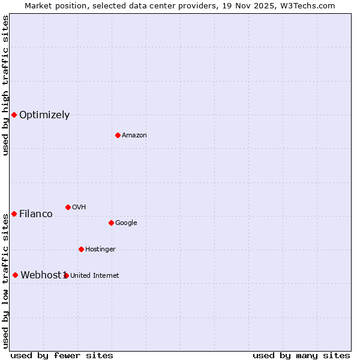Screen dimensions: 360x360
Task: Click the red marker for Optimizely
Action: click(14, 115)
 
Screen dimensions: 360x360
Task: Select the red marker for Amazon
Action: click(118, 135)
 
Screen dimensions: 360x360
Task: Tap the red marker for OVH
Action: click(68, 207)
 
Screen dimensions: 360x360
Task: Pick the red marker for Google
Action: click(111, 223)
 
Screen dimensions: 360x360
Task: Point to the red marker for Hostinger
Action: click(81, 249)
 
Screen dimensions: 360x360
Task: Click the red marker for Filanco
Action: click(14, 214)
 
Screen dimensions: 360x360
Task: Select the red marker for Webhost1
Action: click(15, 275)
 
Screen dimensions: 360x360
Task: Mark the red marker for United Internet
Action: click(66, 275)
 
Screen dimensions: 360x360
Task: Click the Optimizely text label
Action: click(44, 115)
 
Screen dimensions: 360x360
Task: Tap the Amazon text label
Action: click(134, 136)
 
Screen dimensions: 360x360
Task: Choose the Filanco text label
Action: click(36, 214)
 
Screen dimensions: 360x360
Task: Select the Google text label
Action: click(126, 223)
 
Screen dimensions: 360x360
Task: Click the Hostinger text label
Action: click(100, 250)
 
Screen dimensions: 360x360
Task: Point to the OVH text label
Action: click(79, 208)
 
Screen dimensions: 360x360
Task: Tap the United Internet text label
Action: click(95, 276)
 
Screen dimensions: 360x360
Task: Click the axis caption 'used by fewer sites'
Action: click(62, 355)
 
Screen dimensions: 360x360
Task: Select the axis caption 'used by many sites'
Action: click(301, 355)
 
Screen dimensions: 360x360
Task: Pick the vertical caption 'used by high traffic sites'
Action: click(6, 85)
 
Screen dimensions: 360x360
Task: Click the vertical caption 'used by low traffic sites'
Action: click(6, 281)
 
